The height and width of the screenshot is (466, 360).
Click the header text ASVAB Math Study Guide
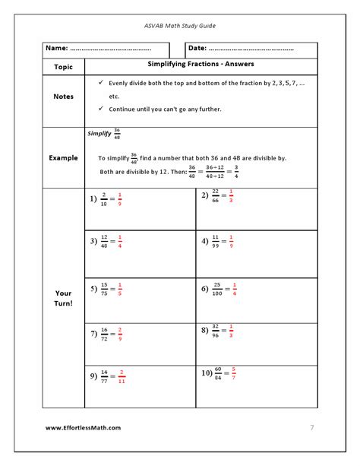179,25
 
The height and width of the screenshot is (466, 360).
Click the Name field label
57,49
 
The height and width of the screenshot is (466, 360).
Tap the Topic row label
64,66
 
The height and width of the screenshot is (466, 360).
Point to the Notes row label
64,97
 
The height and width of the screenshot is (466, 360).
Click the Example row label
64,158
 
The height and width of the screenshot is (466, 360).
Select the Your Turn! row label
64,298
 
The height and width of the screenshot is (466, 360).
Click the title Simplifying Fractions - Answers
201,65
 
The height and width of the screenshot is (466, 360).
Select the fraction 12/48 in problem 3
104,243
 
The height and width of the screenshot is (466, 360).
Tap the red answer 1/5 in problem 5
120,290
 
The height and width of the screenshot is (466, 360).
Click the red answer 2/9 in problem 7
120,334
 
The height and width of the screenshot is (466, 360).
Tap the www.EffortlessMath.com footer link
83,427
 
